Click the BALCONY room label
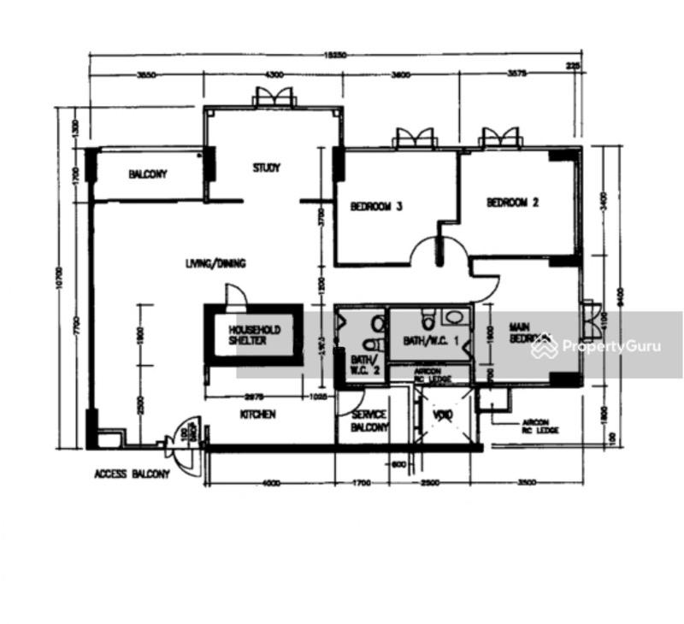(x=148, y=174)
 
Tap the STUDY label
(x=266, y=168)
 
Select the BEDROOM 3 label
(x=376, y=206)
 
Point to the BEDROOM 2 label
(x=512, y=203)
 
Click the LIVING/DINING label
(x=215, y=264)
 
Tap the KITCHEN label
(x=257, y=415)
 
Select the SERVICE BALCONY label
(x=370, y=421)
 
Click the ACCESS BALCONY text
(x=132, y=474)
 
